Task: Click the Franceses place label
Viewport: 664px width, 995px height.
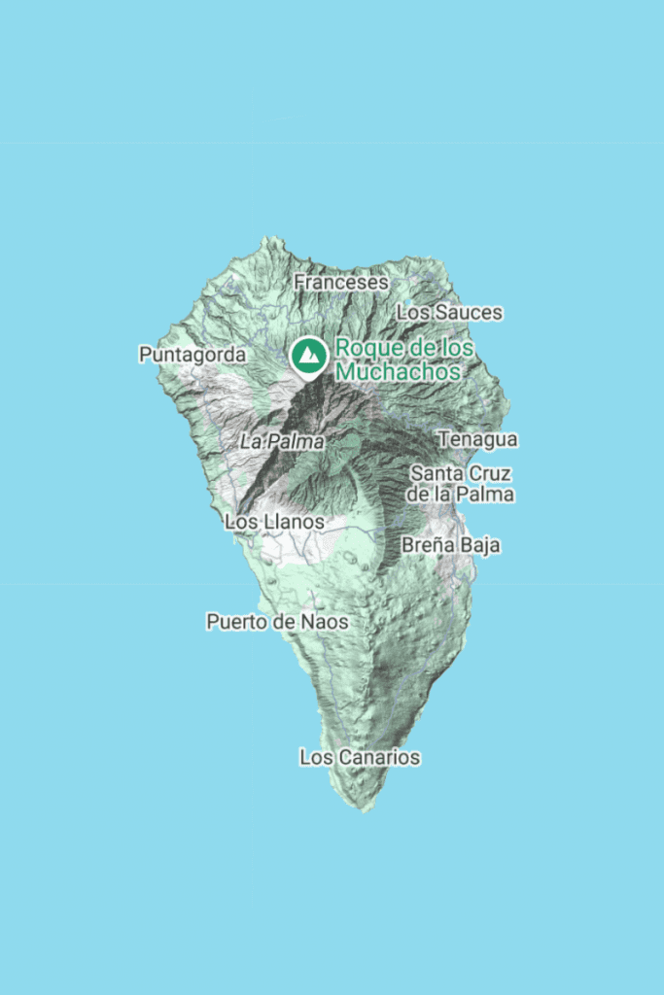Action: pos(341,282)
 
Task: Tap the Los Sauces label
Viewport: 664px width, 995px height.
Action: pos(450,312)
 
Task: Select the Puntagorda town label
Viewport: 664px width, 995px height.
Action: pos(192,355)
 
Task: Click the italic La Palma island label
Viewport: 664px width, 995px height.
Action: pos(282,441)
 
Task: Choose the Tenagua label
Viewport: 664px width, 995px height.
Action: pos(477,439)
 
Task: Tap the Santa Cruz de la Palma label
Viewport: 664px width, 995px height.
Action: pos(461,484)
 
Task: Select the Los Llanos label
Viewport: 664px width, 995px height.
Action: pos(273,522)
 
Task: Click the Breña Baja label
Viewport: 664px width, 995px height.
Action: pos(451,545)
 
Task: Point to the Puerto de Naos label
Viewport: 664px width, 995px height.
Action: pos(277,622)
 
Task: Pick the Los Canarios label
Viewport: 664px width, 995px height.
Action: pos(360,757)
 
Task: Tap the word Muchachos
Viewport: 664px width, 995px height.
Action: pos(398,370)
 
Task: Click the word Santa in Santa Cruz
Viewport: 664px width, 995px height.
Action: pos(435,474)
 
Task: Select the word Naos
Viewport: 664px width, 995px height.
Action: pos(325,622)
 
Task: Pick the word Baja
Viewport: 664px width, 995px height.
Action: pos(480,545)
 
